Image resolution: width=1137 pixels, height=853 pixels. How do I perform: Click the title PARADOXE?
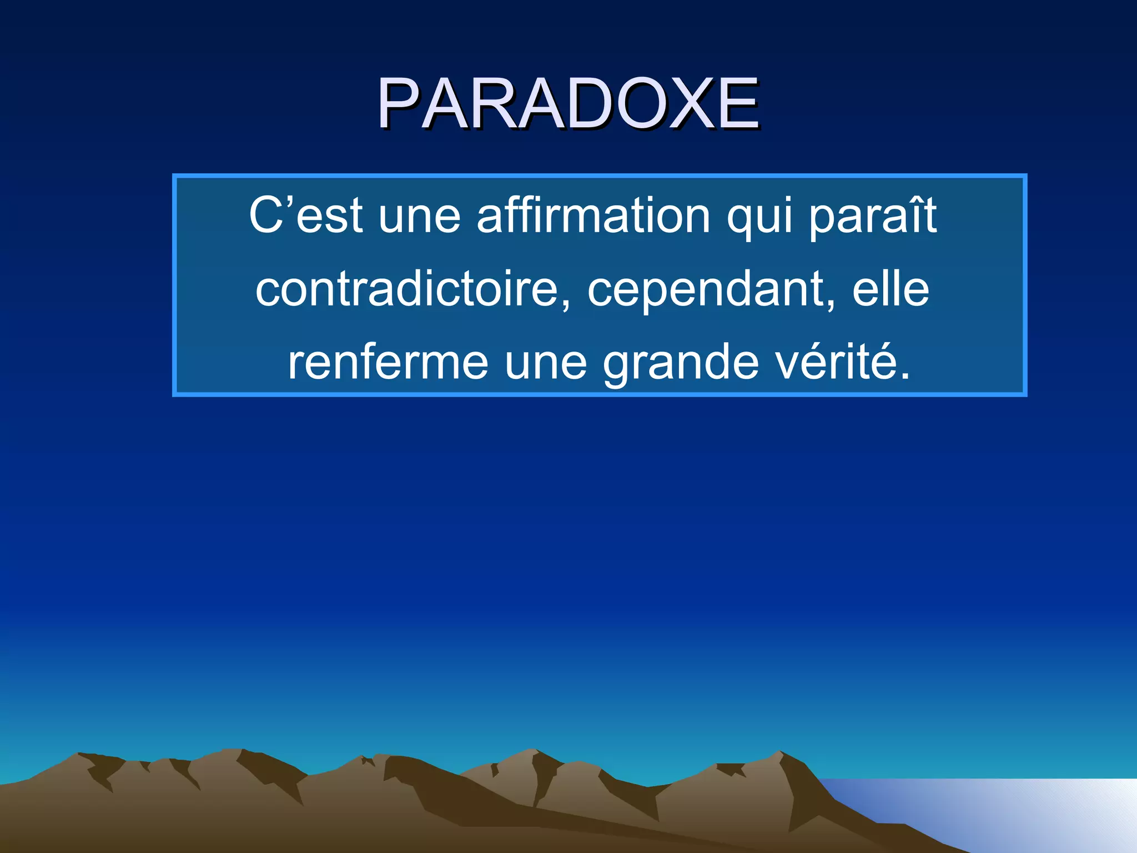pyautogui.click(x=568, y=104)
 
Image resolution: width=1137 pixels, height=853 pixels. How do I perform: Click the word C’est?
pyautogui.click(x=306, y=215)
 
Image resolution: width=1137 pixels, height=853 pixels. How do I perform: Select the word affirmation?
pyautogui.click(x=593, y=215)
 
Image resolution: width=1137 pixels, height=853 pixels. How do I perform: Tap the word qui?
pyautogui.click(x=759, y=217)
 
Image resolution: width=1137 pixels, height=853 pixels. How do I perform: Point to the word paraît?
pyautogui.click(x=873, y=215)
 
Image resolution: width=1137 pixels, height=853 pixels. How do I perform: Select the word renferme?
pyautogui.click(x=388, y=363)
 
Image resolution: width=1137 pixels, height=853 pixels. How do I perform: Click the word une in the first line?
pyautogui.click(x=420, y=217)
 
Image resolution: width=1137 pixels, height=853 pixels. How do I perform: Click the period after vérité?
pyautogui.click(x=904, y=375)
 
